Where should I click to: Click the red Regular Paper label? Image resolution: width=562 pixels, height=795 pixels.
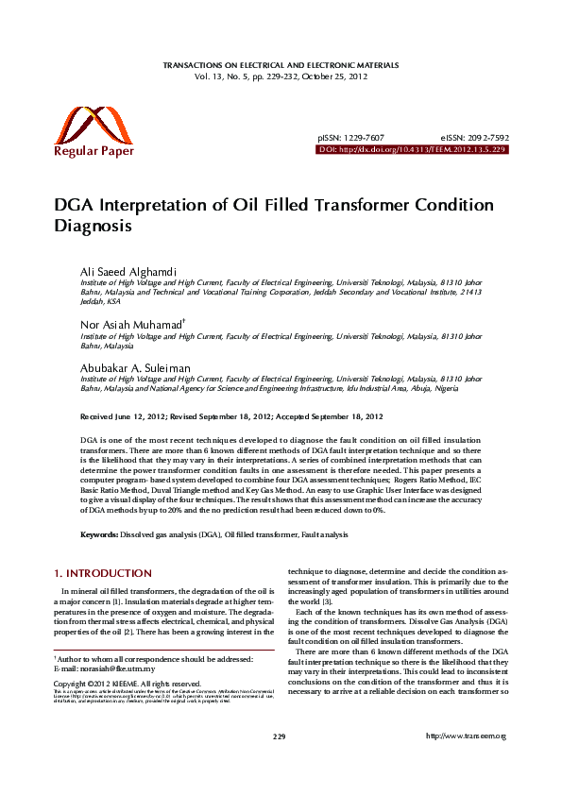(x=94, y=151)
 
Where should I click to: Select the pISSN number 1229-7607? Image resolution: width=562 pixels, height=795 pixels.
(x=365, y=138)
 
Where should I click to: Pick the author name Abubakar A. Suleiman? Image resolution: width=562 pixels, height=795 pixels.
(x=135, y=368)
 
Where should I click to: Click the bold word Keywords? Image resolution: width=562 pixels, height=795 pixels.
(x=98, y=534)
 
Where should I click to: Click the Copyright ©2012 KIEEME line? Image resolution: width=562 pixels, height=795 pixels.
(x=127, y=684)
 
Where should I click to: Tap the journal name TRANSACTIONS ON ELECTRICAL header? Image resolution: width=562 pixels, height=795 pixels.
(x=281, y=65)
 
